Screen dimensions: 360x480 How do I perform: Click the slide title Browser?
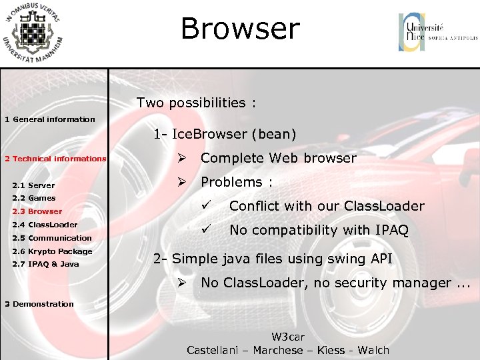point(240,29)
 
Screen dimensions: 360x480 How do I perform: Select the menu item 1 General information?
point(50,119)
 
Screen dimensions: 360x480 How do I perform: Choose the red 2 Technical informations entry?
point(55,159)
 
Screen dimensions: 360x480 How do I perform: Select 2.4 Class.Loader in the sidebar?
point(45,225)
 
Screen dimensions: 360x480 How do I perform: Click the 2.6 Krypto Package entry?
point(52,251)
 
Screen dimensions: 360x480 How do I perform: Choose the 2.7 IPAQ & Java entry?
point(45,264)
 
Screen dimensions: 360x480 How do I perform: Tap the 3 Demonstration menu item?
point(39,304)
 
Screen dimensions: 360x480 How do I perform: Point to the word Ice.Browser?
point(208,134)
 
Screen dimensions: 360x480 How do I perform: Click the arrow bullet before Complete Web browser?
point(181,158)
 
